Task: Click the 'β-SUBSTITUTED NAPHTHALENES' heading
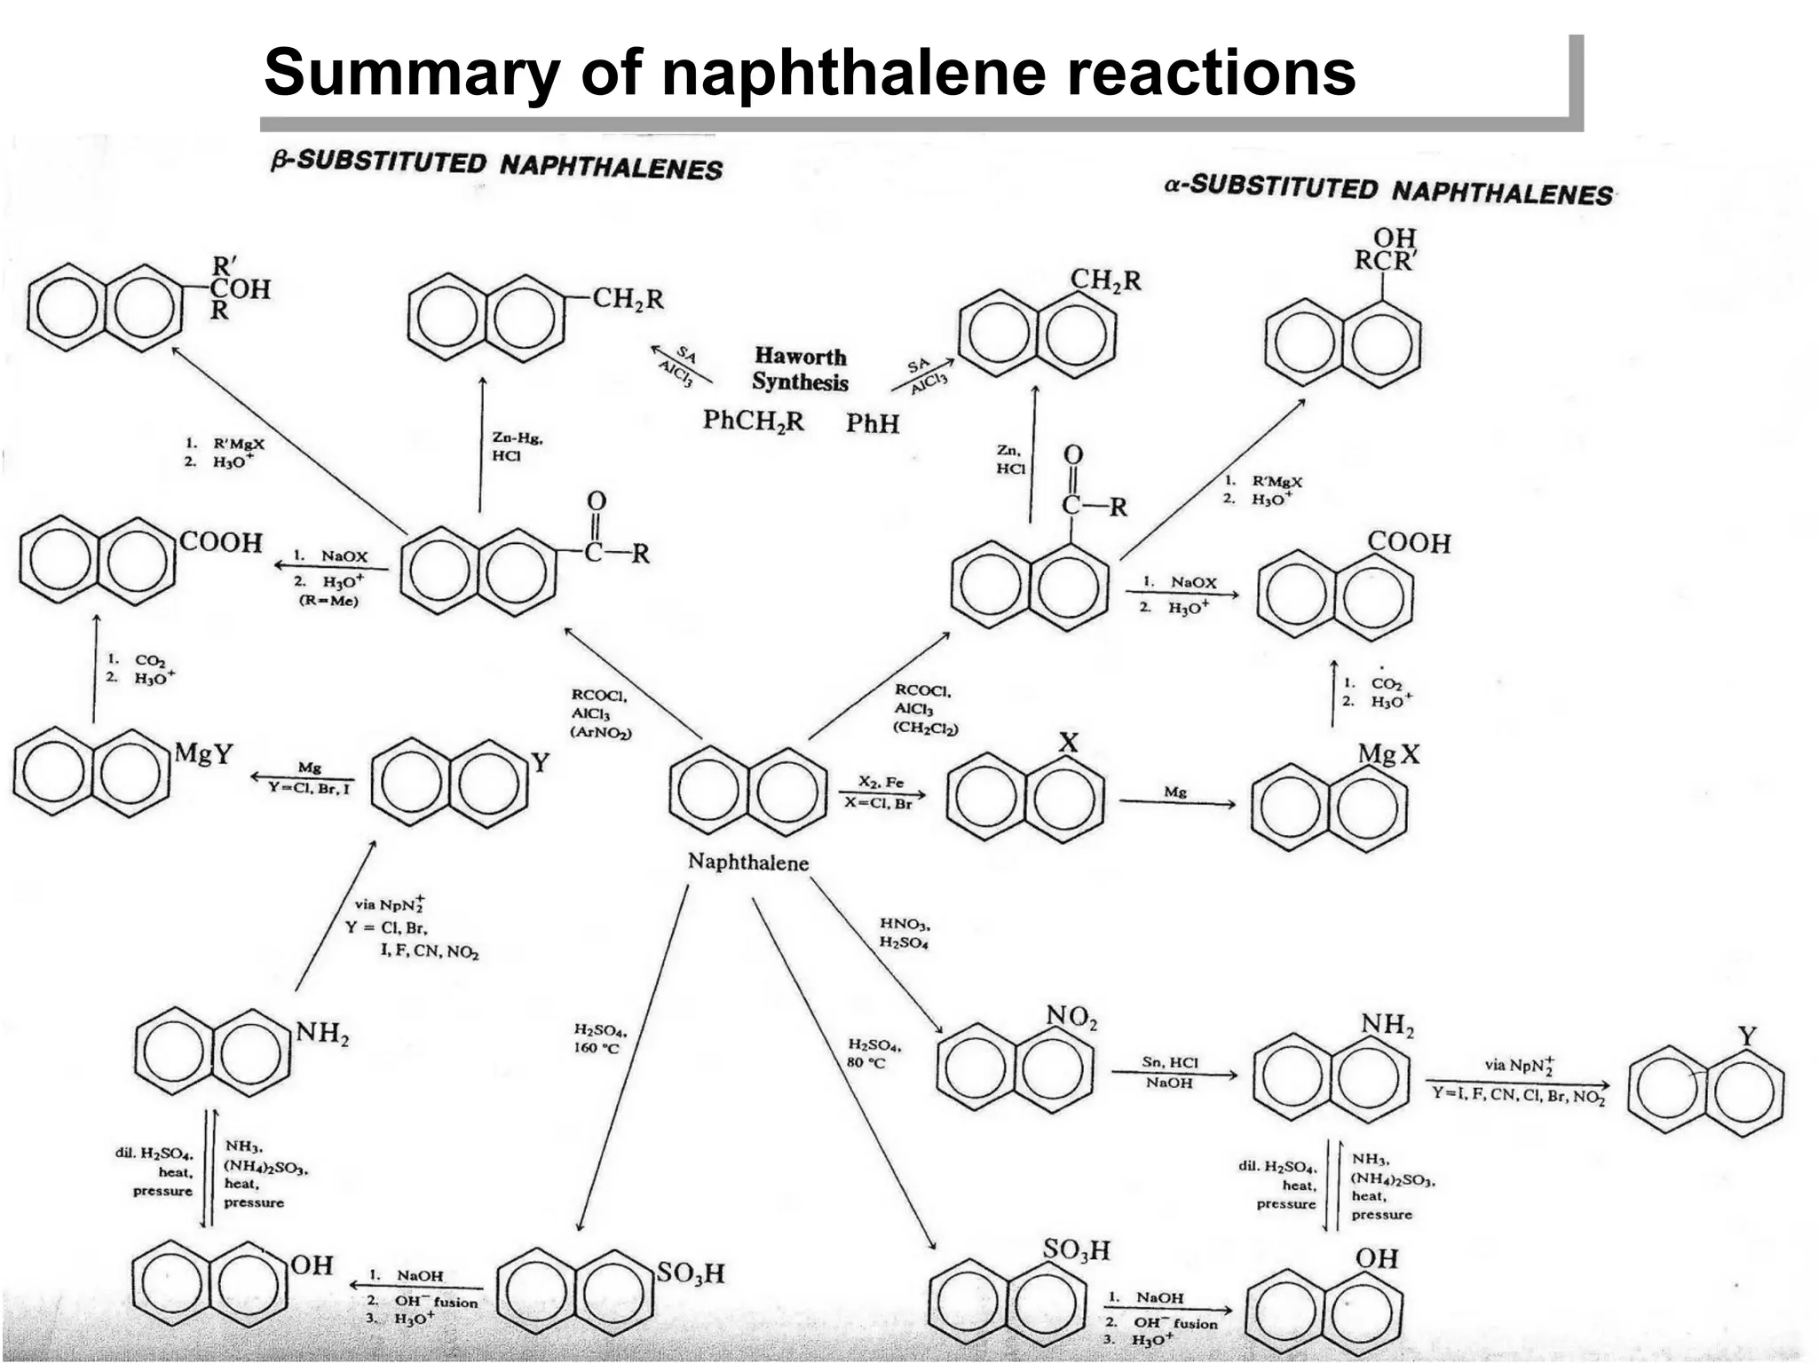pos(497,165)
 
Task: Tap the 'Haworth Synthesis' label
pos(800,369)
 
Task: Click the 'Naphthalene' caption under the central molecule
pos(748,863)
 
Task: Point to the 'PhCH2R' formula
pos(753,421)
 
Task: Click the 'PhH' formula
pos(872,424)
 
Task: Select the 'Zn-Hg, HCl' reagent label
pos(516,446)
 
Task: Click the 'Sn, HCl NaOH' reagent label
pos(1169,1072)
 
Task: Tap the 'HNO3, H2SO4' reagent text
pos(905,934)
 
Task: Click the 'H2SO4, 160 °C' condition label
pos(599,1039)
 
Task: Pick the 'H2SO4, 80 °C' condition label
pos(873,1053)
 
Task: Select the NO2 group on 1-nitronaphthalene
pos(1071,1017)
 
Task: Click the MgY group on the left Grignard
pos(203,754)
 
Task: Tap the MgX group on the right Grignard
pos(1388,754)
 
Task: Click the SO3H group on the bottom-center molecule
pos(690,1274)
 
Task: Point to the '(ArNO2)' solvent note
pos(600,733)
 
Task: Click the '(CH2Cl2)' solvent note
pos(926,728)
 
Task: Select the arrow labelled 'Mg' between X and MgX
pos(1176,802)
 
